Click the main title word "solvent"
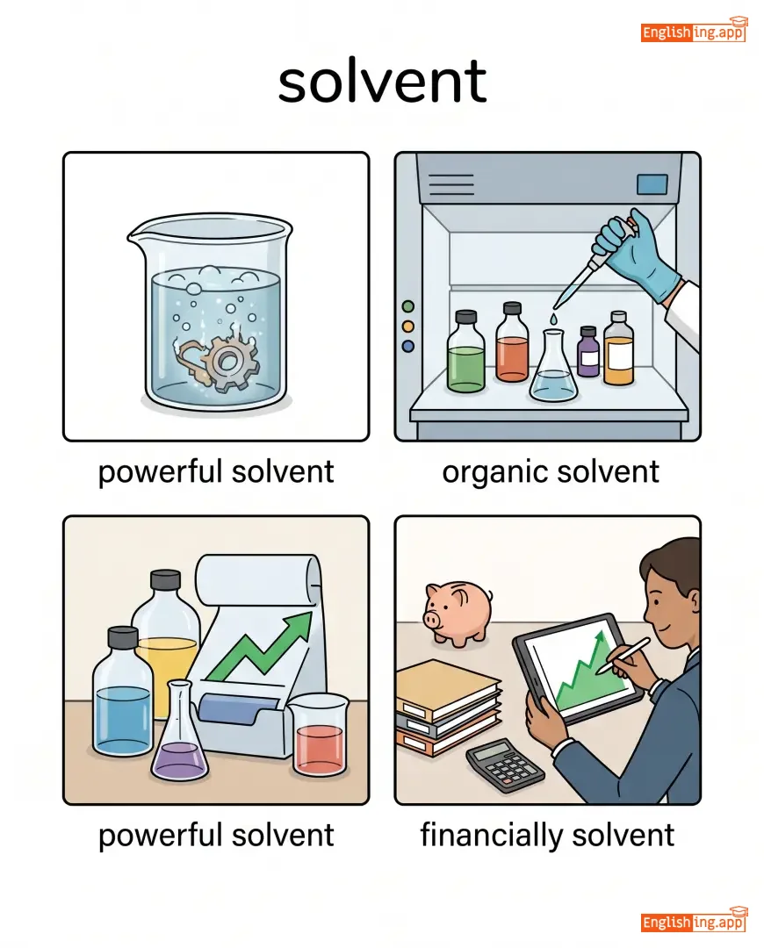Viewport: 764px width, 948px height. point(382,81)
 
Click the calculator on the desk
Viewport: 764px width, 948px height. point(505,765)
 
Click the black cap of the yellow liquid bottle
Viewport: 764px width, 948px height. point(165,580)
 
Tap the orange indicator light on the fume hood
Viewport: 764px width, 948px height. point(408,327)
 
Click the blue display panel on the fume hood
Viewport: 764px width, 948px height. point(652,184)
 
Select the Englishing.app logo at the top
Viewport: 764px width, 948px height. point(694,30)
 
